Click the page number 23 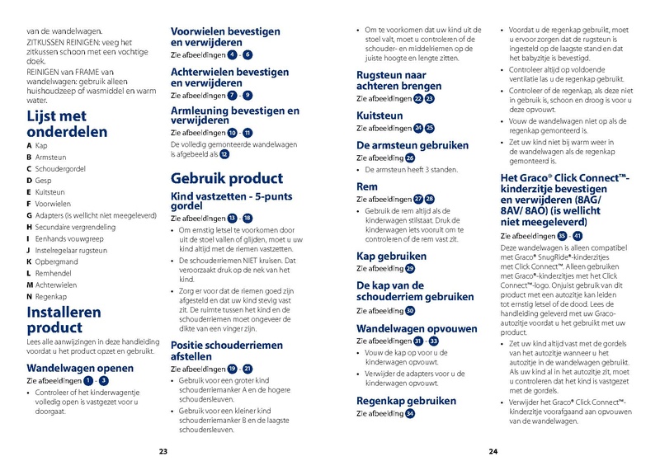(x=163, y=451)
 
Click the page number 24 (x=493, y=451)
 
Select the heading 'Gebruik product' (x=226, y=178)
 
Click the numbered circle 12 (x=224, y=154)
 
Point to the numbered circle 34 (x=410, y=413)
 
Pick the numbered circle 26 (x=410, y=158)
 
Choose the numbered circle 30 (x=410, y=311)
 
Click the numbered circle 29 (x=410, y=268)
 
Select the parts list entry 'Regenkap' (x=52, y=295)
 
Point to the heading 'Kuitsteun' (x=383, y=115)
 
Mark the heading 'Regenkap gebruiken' (x=406, y=401)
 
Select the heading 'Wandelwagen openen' (x=79, y=368)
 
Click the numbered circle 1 (x=88, y=380)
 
